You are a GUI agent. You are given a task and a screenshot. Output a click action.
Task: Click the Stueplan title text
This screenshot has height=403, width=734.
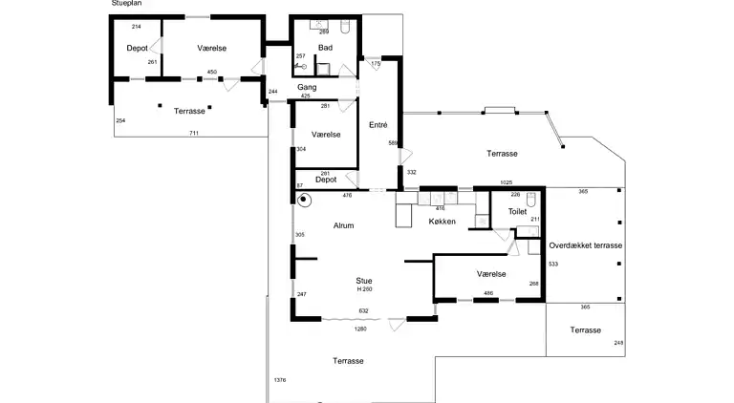coord(126,3)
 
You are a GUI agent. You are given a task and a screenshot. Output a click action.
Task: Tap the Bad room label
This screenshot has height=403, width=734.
coord(325,47)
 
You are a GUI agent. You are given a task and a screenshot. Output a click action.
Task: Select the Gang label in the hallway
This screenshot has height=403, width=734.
coord(307,87)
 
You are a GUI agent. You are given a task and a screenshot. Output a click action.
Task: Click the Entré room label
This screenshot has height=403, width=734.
coord(378,125)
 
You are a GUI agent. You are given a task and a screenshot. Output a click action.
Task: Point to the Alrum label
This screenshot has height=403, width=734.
coord(344,225)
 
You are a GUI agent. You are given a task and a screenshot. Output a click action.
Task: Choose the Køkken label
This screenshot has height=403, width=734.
coord(442,222)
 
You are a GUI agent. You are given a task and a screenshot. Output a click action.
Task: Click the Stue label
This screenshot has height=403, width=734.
coord(364,281)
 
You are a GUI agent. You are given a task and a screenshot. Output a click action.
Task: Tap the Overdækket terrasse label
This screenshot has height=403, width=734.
coord(586,245)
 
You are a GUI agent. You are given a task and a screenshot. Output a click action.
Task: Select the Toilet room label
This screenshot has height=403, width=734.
coord(517,211)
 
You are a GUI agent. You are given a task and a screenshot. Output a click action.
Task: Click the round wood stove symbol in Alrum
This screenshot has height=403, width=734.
coord(304,201)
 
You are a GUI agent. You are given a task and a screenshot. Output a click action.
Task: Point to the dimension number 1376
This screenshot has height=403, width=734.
coord(280,380)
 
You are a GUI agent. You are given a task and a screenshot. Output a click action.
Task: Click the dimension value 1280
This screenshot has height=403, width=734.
coord(360,329)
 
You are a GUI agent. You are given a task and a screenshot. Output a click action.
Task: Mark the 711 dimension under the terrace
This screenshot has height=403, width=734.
coord(194,134)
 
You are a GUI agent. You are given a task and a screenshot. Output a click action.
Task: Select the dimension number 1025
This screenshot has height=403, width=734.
coord(506,182)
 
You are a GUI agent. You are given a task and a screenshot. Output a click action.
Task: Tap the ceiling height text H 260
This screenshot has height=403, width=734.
coord(365,289)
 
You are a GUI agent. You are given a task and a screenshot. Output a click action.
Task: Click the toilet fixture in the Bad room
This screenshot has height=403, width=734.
coord(345,27)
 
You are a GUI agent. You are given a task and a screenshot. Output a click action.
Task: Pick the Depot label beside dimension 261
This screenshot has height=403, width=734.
coord(138,48)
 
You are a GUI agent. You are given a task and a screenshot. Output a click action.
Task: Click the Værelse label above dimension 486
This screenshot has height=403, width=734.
coord(491,274)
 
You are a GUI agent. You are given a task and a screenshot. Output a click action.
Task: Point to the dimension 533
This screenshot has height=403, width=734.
coord(553,265)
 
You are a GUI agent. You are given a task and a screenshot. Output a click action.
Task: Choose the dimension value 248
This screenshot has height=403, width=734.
coord(618,343)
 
